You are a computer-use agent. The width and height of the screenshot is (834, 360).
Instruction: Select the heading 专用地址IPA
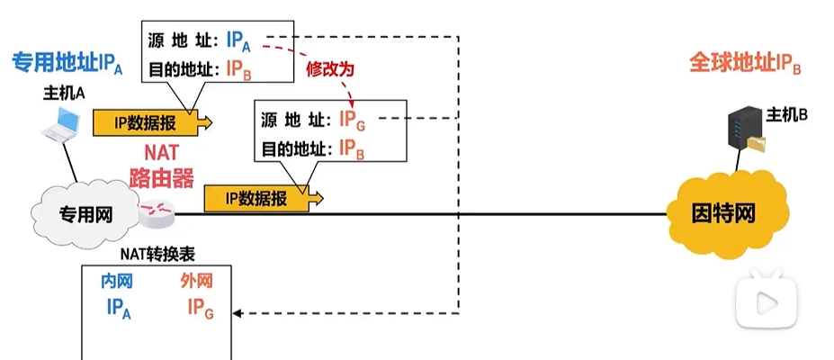(68, 64)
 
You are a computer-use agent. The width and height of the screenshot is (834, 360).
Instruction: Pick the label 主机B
(787, 114)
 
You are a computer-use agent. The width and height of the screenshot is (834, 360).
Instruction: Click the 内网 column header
(118, 283)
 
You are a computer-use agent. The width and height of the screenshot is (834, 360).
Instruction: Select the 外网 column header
(198, 283)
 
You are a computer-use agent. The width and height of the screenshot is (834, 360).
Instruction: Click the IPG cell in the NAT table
(200, 308)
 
